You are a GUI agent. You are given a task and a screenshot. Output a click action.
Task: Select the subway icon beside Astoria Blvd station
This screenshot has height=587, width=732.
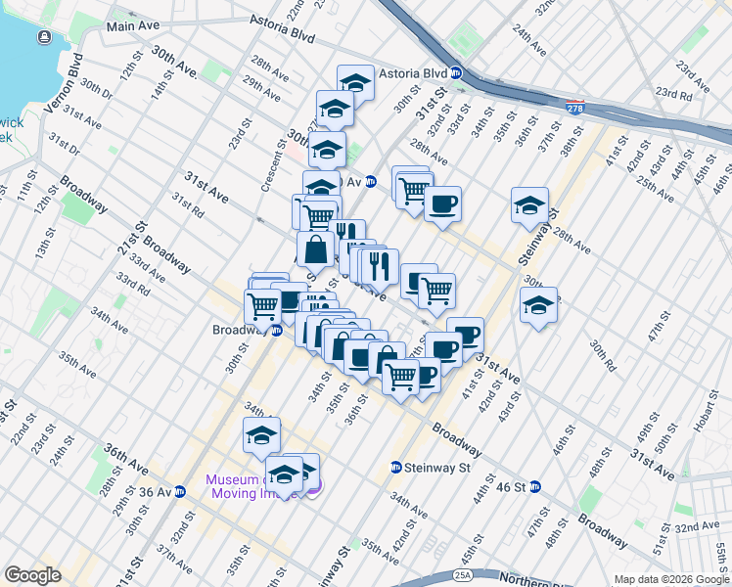pos(456,73)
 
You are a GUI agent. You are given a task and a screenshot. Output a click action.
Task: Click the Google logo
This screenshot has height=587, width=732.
pos(32,575)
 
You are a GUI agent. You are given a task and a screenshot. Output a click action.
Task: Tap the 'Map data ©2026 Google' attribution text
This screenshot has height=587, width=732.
pos(671,579)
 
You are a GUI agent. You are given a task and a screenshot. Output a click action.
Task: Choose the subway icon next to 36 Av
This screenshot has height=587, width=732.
pos(180,491)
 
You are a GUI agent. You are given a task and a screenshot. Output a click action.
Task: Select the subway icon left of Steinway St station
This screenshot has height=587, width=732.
pos(395,468)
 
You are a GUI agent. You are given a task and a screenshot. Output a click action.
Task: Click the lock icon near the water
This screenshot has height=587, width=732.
pos(44,37)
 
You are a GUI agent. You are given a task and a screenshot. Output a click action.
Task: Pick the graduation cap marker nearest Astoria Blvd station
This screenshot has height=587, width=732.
pos(355,82)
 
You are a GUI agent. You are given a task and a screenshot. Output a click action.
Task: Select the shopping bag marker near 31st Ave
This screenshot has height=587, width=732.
pos(316,248)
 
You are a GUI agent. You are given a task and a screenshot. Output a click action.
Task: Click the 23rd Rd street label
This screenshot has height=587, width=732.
pos(674,93)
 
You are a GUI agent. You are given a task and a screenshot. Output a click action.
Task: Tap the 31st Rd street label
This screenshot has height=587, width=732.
pos(187,203)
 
